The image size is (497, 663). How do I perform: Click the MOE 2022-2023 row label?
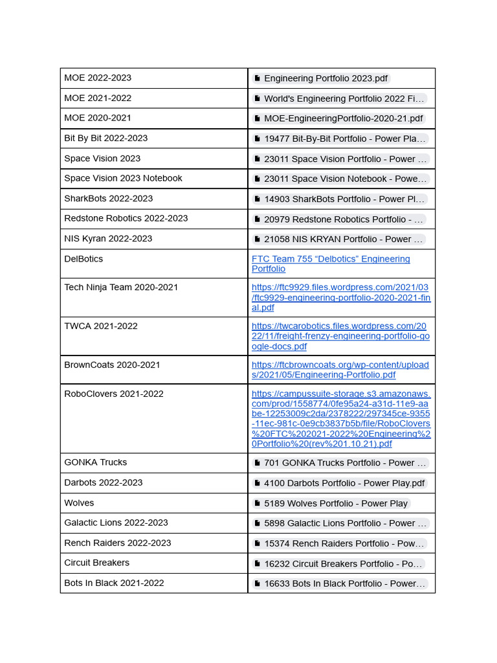(98, 78)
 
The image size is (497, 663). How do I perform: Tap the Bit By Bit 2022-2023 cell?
(105, 138)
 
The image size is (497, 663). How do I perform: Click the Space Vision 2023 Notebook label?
(123, 178)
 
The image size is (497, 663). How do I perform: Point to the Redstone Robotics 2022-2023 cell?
(126, 218)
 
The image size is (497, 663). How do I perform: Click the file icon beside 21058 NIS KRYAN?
(258, 240)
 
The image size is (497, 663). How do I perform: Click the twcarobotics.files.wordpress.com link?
(340, 336)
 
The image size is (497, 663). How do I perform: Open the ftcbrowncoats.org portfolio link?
(340, 370)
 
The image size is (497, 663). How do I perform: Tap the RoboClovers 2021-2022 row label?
(113, 394)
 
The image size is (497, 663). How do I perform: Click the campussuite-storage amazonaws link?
(340, 419)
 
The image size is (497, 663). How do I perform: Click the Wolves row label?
(79, 502)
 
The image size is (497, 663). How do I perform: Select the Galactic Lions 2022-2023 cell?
(116, 523)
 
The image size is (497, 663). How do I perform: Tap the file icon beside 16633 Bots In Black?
(258, 584)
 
